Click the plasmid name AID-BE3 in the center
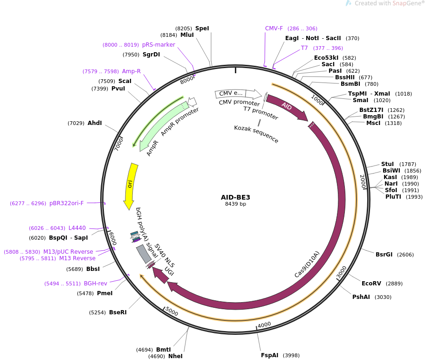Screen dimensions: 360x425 tap(235, 197)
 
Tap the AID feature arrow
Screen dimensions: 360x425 tap(287, 107)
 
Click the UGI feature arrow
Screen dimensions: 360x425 tap(161, 276)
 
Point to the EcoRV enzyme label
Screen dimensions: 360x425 tap(372, 284)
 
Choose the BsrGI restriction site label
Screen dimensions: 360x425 tap(384, 255)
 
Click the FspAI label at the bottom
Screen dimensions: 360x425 tap(269, 355)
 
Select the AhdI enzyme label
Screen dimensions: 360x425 tap(95, 123)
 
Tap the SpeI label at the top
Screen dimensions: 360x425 tap(202, 28)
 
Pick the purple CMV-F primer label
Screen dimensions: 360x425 tap(274, 28)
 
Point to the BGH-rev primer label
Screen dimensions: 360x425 tap(96, 283)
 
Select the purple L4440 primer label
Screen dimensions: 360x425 tap(77, 228)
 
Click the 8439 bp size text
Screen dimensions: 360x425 tap(235, 204)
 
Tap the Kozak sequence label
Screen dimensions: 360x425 tap(256, 134)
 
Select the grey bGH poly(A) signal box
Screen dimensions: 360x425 tap(144, 254)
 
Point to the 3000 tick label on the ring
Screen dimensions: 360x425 tap(342, 271)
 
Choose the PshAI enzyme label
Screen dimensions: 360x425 tap(361, 297)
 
